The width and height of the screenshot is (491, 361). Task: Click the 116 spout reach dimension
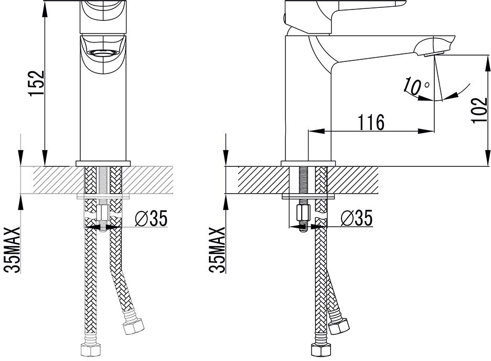coord(371,122)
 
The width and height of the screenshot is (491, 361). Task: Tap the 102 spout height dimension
coord(479,111)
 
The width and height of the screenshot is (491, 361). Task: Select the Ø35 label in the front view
coord(151,218)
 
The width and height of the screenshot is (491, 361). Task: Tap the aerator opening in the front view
coord(103,53)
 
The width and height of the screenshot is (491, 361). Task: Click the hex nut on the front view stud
coord(103,213)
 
